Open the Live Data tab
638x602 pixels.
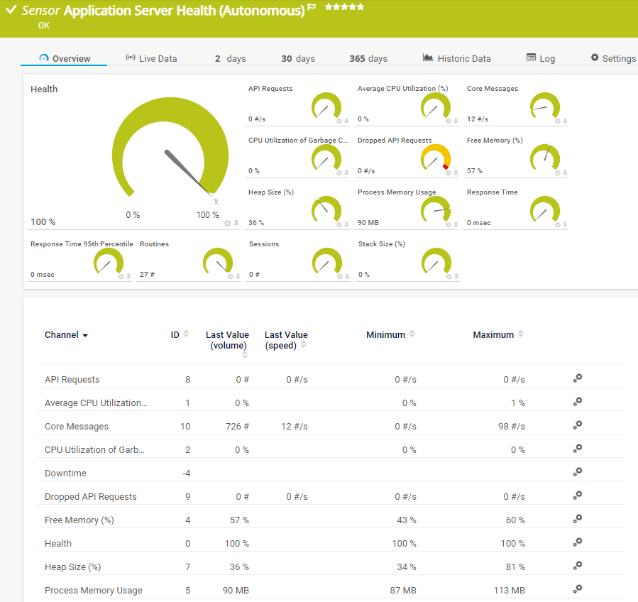coord(151,58)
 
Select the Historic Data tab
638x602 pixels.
coord(456,58)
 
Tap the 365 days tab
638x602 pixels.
coord(368,58)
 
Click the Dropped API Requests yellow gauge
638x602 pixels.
coord(436,158)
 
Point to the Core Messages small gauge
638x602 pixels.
coord(545,106)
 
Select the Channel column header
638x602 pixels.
coord(62,335)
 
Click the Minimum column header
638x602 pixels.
coord(385,334)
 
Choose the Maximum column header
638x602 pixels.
coord(493,334)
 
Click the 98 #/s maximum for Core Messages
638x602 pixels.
coord(511,427)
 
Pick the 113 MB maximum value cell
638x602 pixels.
coord(509,591)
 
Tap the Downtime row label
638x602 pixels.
coord(65,474)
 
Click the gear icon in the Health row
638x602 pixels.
coord(578,542)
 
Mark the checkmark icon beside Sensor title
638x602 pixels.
coord(11,11)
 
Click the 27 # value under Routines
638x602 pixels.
coord(147,275)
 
